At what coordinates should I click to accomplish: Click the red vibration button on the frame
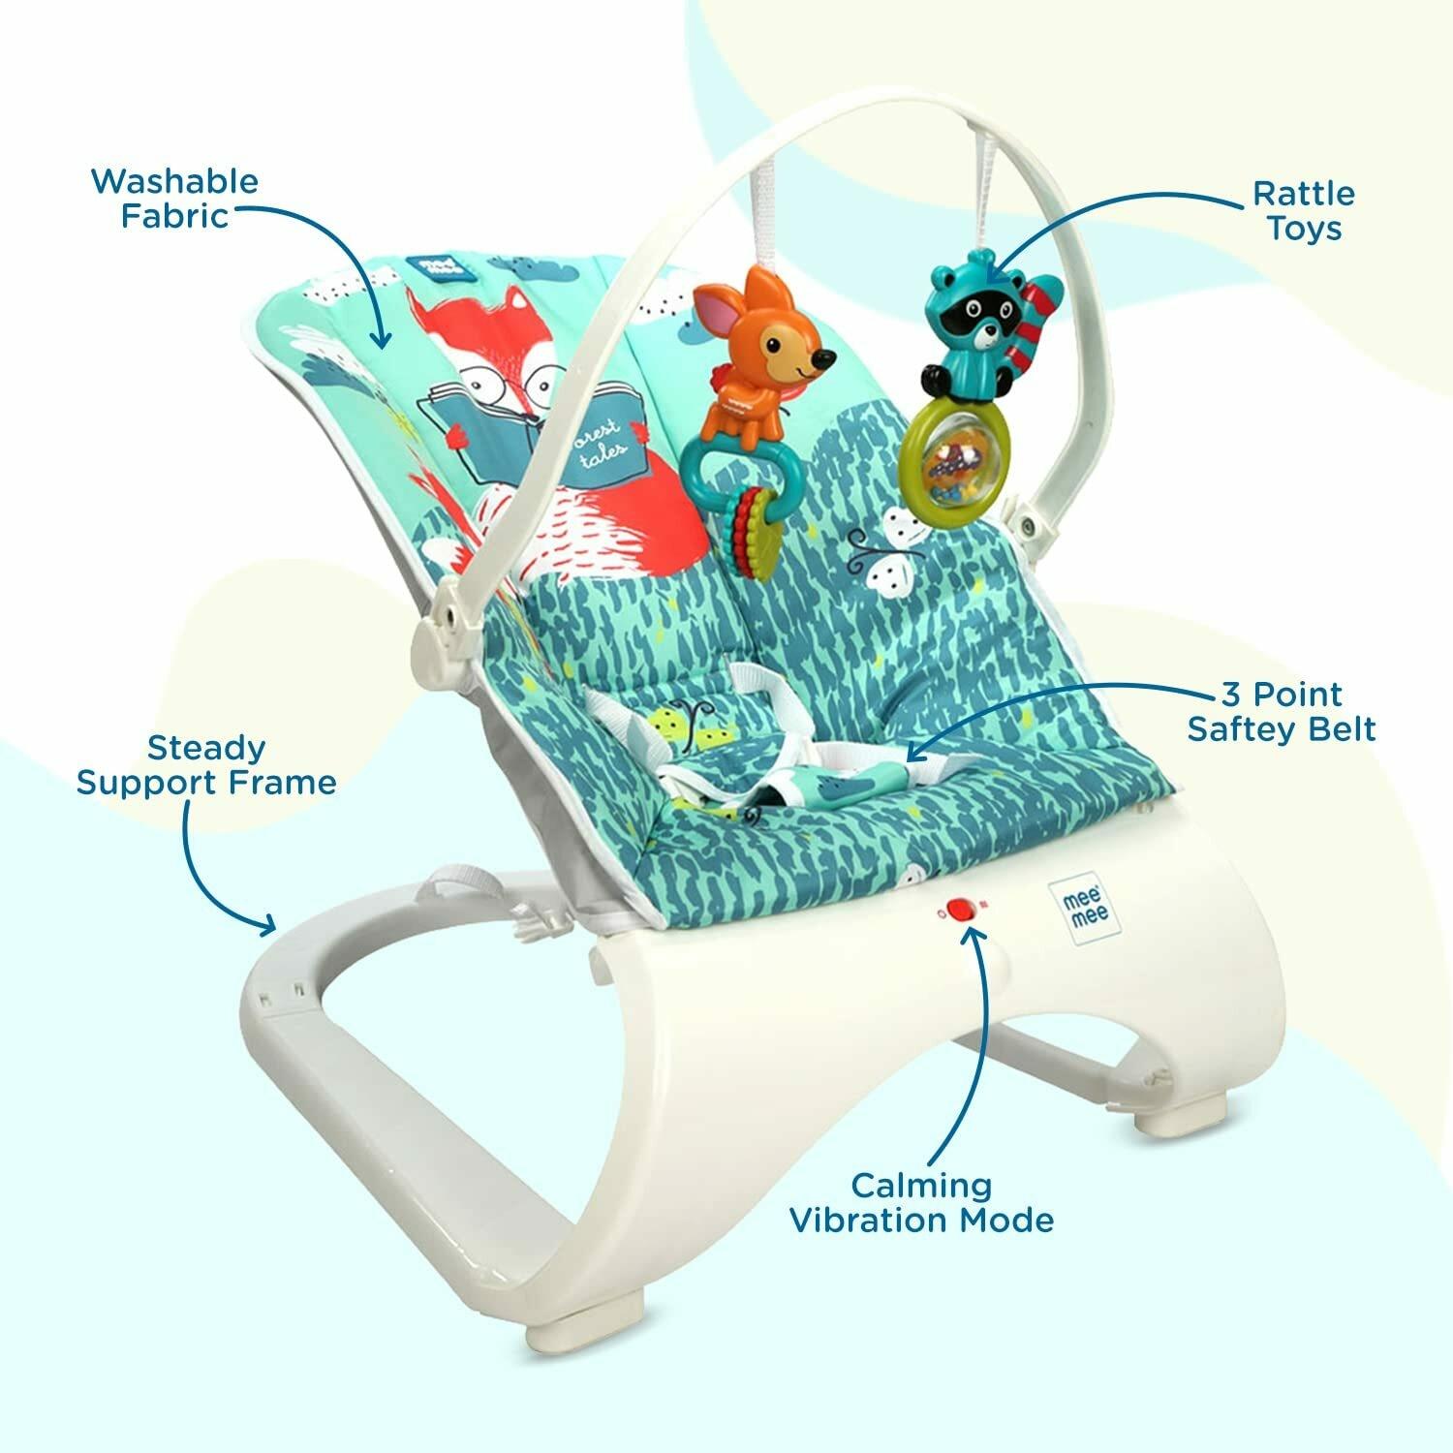click(x=960, y=910)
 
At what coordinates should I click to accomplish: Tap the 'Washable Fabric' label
click(x=175, y=198)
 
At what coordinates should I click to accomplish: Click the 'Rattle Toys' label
click(x=1303, y=210)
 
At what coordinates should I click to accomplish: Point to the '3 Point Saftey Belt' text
click(x=1281, y=711)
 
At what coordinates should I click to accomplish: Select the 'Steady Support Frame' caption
click(x=206, y=764)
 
